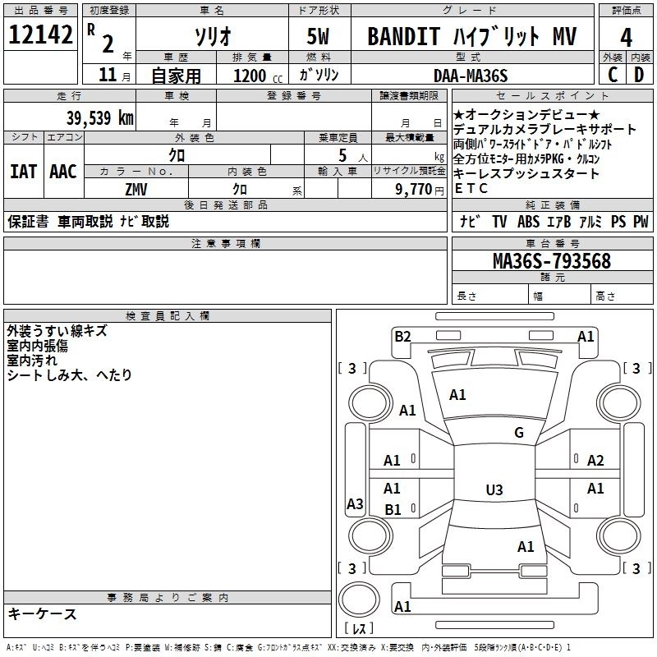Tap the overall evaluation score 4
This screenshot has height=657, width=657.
pyautogui.click(x=627, y=38)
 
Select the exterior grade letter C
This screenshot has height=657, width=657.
pyautogui.click(x=612, y=75)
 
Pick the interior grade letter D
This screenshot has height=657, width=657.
pyautogui.click(x=639, y=75)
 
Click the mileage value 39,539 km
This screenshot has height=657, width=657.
pyautogui.click(x=99, y=117)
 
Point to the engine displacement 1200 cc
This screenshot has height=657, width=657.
pyautogui.click(x=250, y=76)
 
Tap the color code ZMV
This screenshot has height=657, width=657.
pyautogui.click(x=136, y=188)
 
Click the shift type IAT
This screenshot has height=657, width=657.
pyautogui.click(x=23, y=171)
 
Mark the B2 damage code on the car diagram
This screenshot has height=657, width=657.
pyautogui.click(x=402, y=335)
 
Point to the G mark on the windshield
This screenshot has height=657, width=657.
pyautogui.click(x=519, y=433)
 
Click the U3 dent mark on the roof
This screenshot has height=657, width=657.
pyautogui.click(x=494, y=490)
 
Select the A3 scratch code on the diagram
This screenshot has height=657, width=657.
pyautogui.click(x=355, y=504)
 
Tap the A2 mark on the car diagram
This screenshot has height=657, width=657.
pyautogui.click(x=595, y=461)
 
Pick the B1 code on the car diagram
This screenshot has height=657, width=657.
pyautogui.click(x=393, y=509)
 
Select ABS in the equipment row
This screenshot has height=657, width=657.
pyautogui.click(x=528, y=221)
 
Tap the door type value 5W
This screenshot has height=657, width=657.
pyautogui.click(x=319, y=37)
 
